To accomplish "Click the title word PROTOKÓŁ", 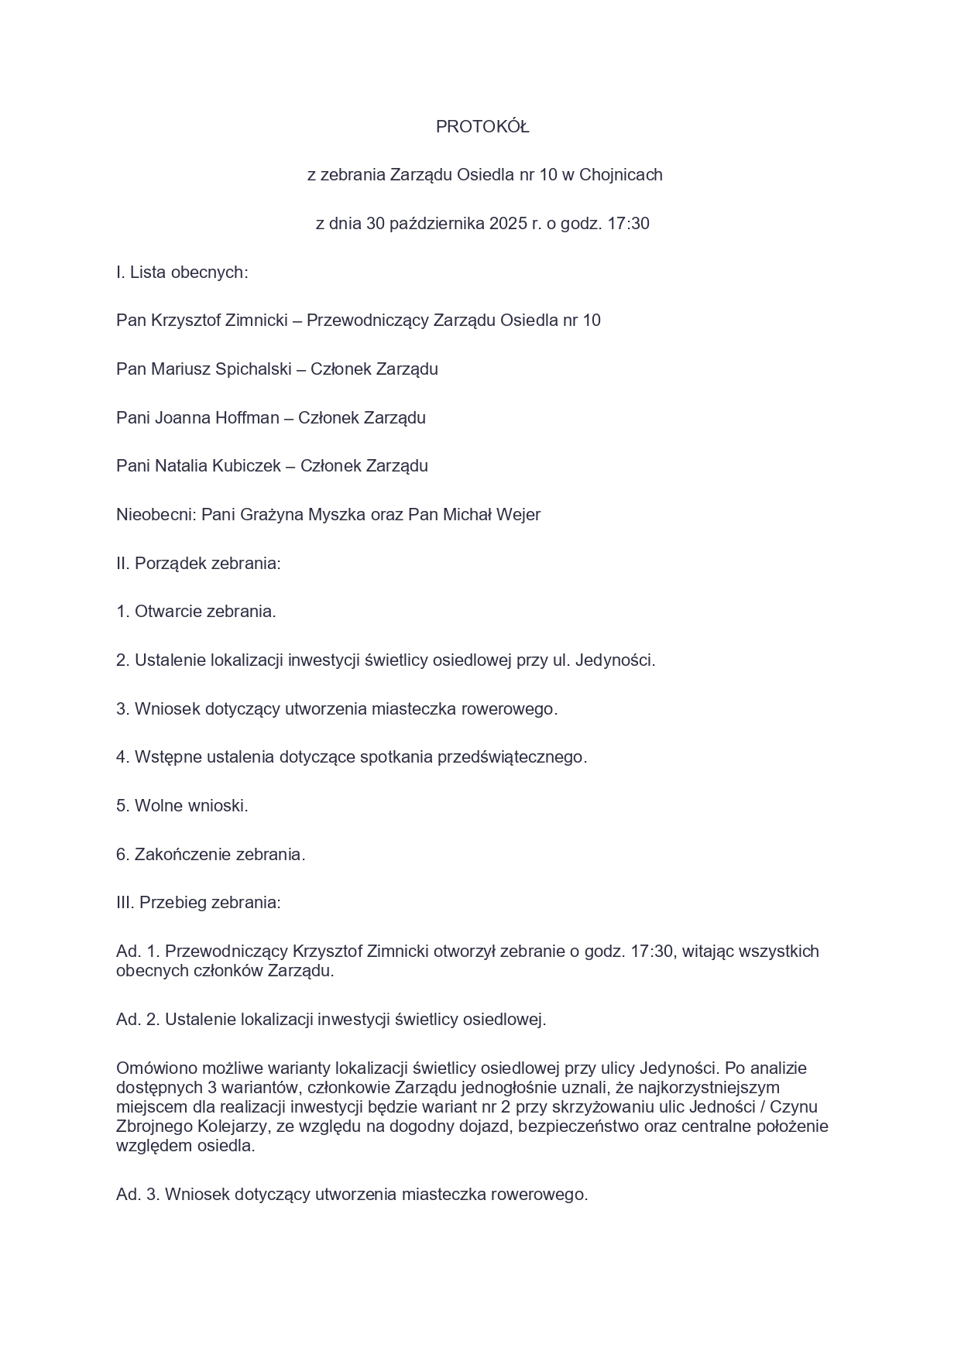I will (482, 127).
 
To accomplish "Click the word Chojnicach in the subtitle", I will (621, 175).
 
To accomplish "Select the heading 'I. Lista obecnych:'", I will (182, 273).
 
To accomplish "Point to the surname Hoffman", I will (243, 418).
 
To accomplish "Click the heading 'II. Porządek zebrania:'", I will (198, 564).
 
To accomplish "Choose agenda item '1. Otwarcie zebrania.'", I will (196, 612).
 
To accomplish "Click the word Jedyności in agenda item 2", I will (614, 660).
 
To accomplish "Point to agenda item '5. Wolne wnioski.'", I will (182, 806).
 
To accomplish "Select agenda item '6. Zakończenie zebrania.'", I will (211, 855).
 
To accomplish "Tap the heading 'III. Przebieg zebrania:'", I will (198, 903).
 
